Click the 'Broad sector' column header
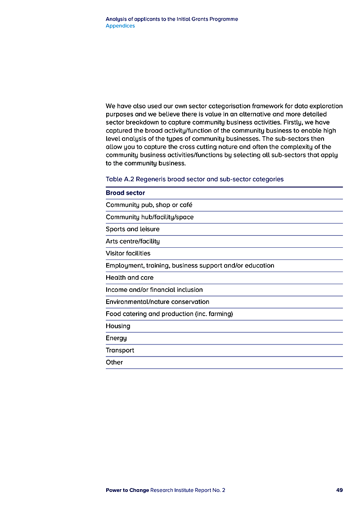[x=126, y=193]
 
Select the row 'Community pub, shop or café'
[x=149, y=205]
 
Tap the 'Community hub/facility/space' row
[x=150, y=217]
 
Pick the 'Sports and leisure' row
[x=133, y=229]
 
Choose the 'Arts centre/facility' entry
[x=133, y=241]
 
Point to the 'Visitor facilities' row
[x=128, y=254]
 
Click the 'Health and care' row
[x=130, y=278]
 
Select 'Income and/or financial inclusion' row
[x=154, y=290]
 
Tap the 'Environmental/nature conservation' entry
[x=157, y=302]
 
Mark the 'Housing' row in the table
[x=118, y=326]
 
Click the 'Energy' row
[x=116, y=339]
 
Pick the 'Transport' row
[x=120, y=351]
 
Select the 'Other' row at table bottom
[x=114, y=362]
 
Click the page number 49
[x=339, y=490]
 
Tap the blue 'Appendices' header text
[x=120, y=26]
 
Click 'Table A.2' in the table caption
[x=120, y=179]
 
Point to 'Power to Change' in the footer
[x=127, y=490]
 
